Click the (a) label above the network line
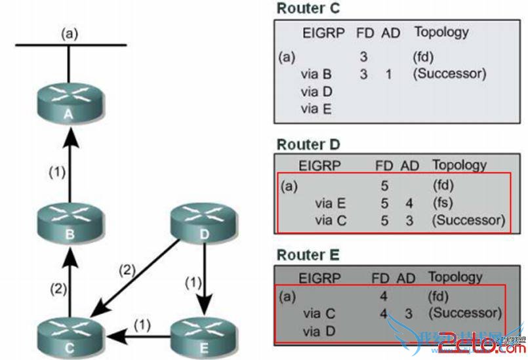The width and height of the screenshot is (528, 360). point(70,33)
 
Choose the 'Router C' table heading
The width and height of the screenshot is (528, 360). point(308,9)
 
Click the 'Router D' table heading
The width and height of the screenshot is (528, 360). point(308,144)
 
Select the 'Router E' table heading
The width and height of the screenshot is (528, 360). point(308,255)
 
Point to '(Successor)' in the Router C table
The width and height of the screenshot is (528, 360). point(449,73)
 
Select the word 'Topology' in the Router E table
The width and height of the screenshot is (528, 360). point(455,277)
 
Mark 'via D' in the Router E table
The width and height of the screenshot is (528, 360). point(319,330)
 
